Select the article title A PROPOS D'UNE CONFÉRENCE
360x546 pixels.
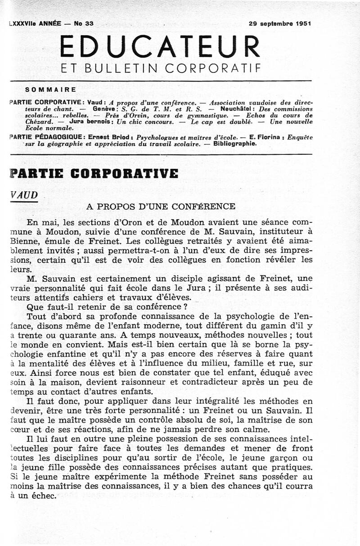click(161, 207)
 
